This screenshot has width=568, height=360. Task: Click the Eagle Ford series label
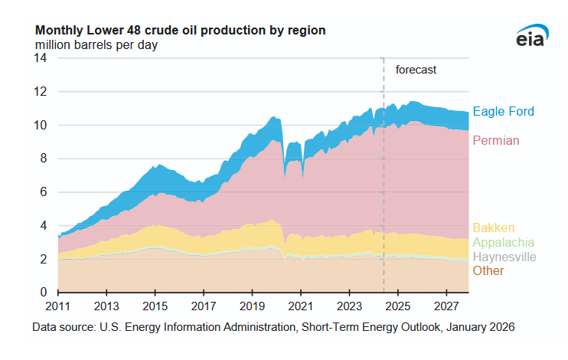coord(503,112)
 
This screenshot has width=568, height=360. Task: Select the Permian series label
coord(496,140)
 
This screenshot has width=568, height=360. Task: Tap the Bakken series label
coord(493,227)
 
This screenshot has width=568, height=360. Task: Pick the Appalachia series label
coord(504,242)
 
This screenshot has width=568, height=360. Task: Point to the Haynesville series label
coord(504,257)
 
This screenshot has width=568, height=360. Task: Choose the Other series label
coord(488,271)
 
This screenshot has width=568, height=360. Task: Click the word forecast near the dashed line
coord(416,70)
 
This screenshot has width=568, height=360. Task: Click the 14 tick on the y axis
coord(42,58)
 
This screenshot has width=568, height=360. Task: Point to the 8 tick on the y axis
coord(45,159)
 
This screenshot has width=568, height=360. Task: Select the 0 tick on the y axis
coord(45,293)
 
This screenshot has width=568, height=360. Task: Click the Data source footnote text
coord(273,327)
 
